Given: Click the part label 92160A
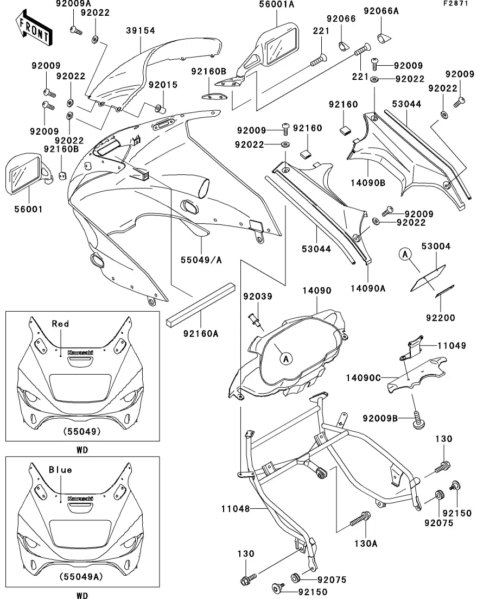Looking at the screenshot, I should point(200,333).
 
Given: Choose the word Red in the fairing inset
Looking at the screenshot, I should point(60,324).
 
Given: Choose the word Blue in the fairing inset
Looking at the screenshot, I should point(60,469).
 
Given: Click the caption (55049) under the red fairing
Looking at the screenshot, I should point(82,432).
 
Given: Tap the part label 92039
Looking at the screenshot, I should point(257,297).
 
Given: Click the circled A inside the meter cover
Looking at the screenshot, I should point(286,358).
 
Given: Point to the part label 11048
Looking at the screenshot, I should point(236,509).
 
